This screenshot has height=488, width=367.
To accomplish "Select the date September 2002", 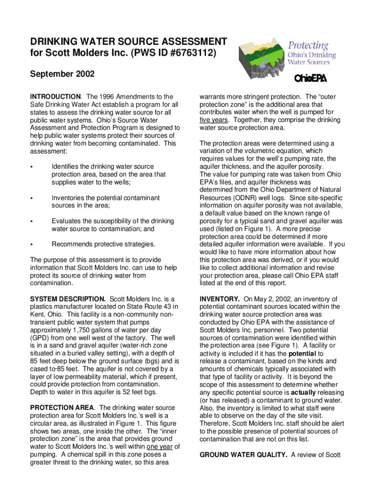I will point(62,74).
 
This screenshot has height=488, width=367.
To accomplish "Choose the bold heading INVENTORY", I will point(219,299).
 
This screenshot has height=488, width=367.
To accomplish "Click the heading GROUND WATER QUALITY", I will point(243,455).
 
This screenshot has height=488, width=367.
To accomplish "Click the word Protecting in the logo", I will point(307,46).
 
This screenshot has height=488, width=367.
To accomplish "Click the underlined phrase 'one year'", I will point(160,447).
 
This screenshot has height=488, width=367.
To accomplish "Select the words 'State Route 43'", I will point(145,306).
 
